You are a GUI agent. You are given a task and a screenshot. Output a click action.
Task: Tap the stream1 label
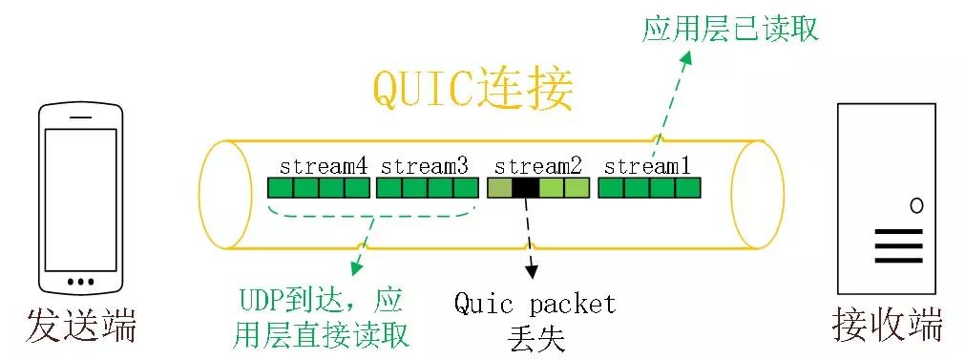(x=647, y=165)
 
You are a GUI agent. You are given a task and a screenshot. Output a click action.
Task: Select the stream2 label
(x=538, y=165)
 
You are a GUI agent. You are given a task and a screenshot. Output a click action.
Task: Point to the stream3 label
(x=425, y=165)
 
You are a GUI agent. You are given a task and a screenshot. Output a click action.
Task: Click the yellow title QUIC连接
(x=472, y=90)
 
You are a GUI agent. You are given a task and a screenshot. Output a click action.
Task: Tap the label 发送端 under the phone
(x=82, y=325)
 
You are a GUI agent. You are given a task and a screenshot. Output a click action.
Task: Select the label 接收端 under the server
(x=887, y=325)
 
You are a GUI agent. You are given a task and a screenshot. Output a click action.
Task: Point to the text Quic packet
(x=535, y=305)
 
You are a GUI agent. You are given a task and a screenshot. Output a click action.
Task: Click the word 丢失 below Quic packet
(x=535, y=336)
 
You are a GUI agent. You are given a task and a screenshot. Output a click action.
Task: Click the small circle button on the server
(x=916, y=204)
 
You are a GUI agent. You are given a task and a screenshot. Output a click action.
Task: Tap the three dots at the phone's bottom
(x=81, y=282)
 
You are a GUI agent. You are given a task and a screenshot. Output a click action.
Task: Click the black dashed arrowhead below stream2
(x=531, y=274)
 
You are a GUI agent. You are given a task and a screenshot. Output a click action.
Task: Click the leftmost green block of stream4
(x=280, y=187)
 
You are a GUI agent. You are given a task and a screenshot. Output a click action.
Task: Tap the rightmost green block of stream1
(x=688, y=187)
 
